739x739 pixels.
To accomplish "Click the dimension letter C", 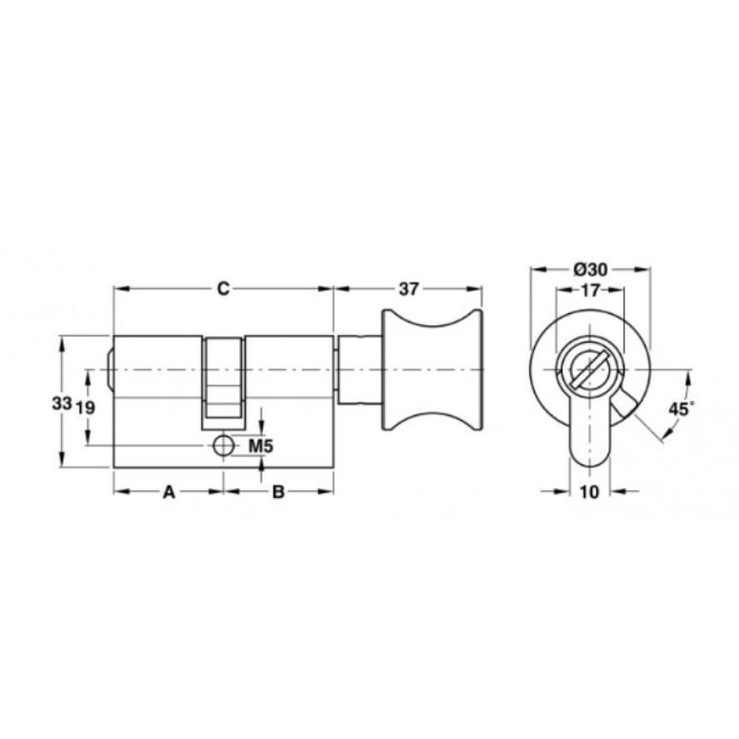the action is coord(223,288).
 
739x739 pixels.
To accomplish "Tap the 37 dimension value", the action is coord(408,289).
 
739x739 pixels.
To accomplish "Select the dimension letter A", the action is coord(169,492).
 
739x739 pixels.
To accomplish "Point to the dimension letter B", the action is coord(279,492).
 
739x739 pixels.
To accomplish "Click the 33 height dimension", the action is coord(62,403).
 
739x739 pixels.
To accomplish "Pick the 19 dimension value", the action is coord(85,407).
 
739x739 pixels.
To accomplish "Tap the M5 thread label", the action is coord(260,446).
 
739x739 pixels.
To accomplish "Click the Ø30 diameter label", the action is coord(590,270).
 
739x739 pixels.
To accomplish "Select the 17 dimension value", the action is coord(589,291).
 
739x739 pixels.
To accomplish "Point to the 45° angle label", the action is coord(682,408).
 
